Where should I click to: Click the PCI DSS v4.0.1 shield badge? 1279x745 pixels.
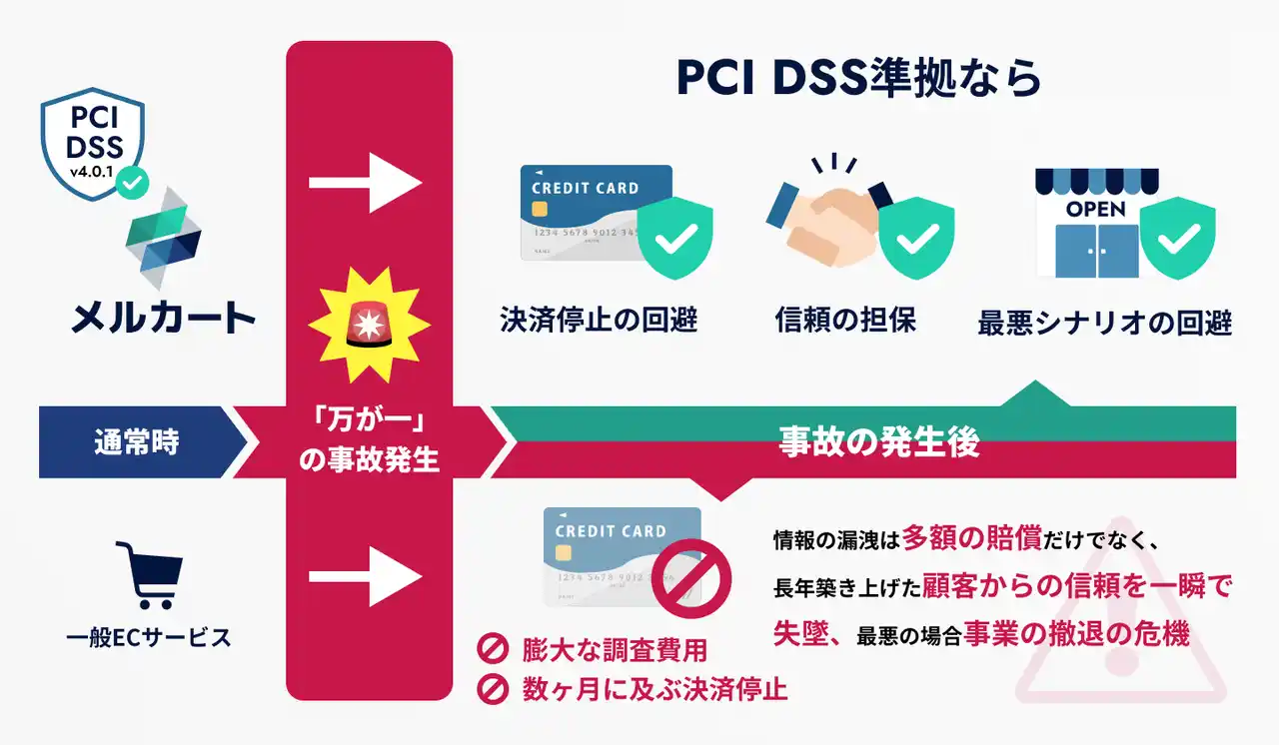(x=93, y=142)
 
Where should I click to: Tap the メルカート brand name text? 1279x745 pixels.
(x=163, y=319)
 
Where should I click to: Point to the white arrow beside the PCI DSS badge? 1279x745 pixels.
(x=366, y=183)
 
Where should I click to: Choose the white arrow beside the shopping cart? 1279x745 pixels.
(x=366, y=577)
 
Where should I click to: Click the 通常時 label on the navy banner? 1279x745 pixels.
(x=137, y=441)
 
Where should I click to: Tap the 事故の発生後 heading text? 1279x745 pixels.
(x=878, y=442)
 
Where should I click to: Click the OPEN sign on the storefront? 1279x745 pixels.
(x=1095, y=210)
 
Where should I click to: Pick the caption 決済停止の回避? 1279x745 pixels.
(x=598, y=321)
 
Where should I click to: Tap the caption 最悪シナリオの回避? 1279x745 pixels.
(x=1104, y=324)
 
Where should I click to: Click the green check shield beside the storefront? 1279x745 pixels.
(x=1178, y=239)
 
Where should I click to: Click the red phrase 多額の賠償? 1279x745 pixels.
(x=971, y=539)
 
